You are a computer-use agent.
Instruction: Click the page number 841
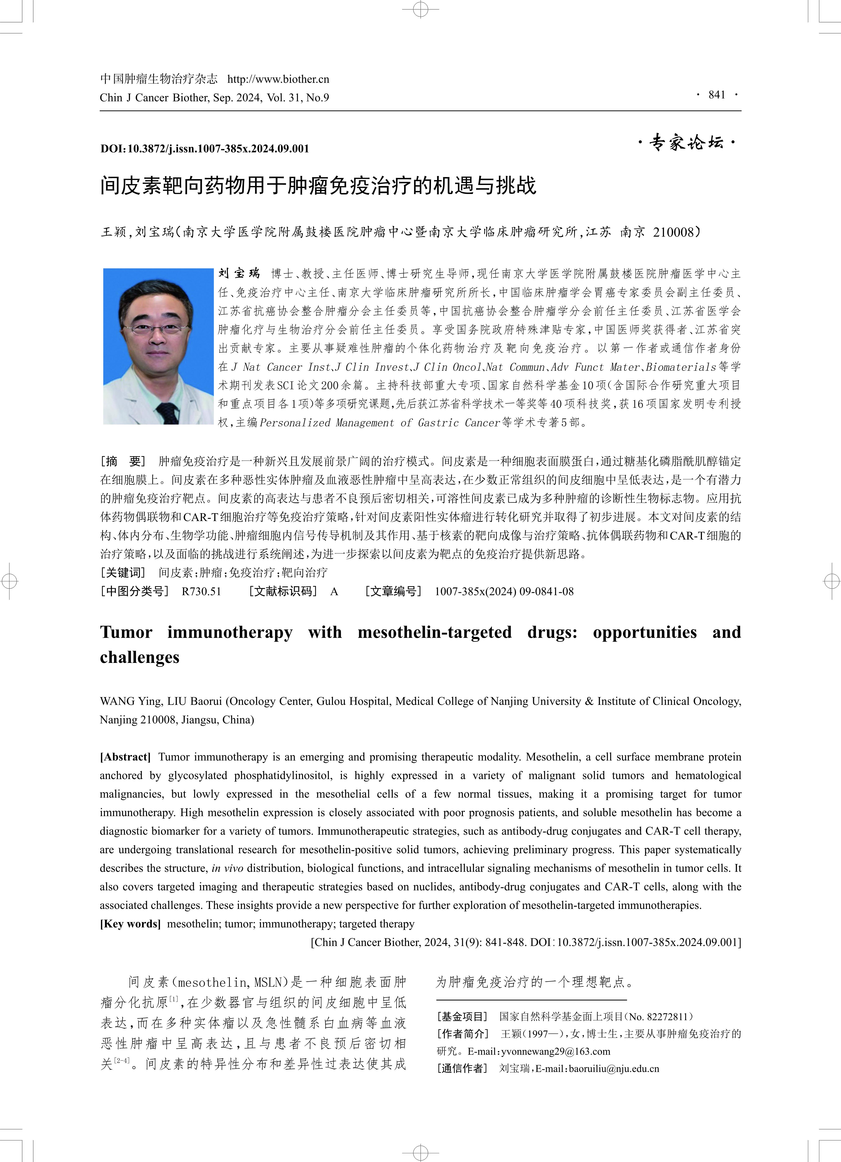(717, 95)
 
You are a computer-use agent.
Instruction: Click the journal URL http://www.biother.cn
(278, 79)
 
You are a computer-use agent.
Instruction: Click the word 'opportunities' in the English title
(644, 632)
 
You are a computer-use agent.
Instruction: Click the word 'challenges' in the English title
(139, 657)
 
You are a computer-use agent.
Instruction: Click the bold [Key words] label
(130, 924)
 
